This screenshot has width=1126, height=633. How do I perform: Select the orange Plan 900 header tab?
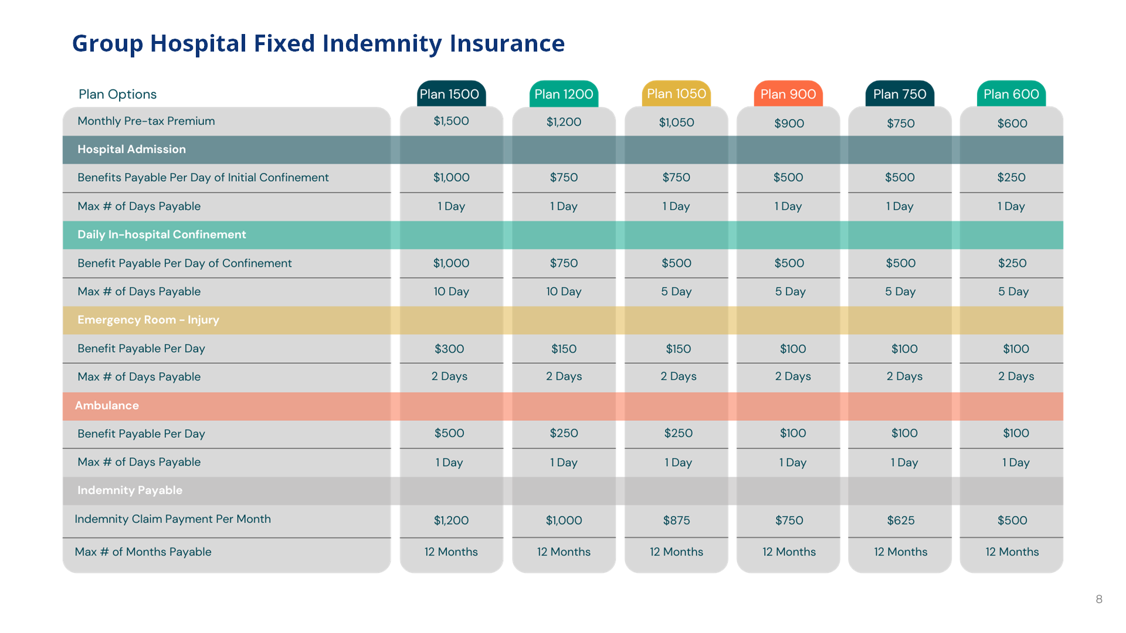point(788,94)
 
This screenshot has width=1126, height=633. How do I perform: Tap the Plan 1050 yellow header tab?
point(676,94)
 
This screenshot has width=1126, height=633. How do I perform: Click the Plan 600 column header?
point(1011,94)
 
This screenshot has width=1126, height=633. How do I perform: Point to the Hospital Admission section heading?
point(131,149)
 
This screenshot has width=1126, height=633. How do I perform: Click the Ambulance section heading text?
point(107,406)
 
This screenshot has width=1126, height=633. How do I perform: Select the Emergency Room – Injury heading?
point(148,320)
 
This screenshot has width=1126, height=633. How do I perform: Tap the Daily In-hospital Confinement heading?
point(162,234)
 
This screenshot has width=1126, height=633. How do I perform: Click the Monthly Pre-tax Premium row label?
point(146,121)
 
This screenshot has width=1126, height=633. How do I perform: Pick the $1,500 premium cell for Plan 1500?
point(451,121)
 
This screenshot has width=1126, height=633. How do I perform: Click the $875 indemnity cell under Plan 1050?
point(676,520)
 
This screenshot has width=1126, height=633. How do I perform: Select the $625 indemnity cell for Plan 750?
point(900,520)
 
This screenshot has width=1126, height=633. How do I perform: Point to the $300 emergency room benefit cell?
point(449,349)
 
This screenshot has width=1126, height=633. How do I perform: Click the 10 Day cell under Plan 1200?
point(564,292)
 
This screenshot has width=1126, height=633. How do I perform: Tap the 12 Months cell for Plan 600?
point(1012,552)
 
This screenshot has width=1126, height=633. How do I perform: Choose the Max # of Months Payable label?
point(143,552)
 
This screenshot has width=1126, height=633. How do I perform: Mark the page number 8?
point(1099,599)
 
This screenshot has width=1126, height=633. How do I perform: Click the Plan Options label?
point(117,94)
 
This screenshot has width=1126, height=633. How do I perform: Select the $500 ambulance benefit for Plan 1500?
point(449,434)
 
